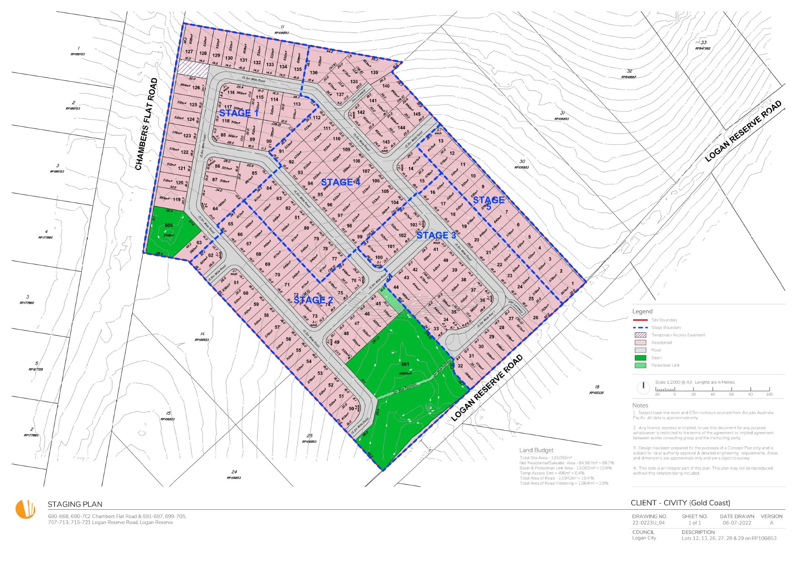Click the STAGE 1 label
[239, 113]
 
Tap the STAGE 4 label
[341, 182]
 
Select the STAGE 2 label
[313, 300]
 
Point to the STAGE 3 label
[436, 235]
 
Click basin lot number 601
[405, 364]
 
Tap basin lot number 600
[169, 225]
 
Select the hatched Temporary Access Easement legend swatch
[640, 335]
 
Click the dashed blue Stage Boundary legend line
[640, 327]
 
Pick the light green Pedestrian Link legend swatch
[640, 365]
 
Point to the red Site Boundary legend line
[640, 320]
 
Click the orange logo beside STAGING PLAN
[26, 509]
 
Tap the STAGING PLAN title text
[75, 504]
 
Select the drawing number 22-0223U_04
[648, 523]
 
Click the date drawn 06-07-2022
[737, 523]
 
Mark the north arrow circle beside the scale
[643, 387]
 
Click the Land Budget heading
[536, 450]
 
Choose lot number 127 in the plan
[189, 51]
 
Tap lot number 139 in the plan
[374, 73]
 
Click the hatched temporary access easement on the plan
[193, 69]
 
